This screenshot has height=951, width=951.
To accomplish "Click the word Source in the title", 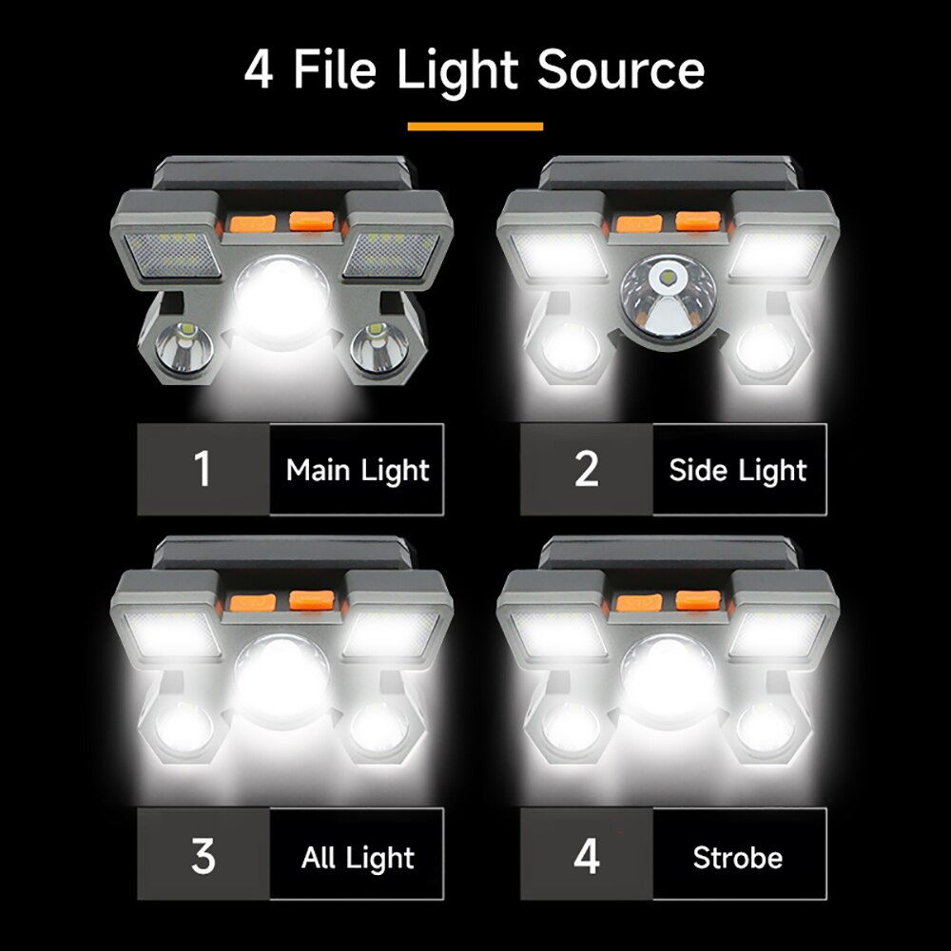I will (x=621, y=69).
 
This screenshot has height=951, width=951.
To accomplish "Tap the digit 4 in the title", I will (x=258, y=69).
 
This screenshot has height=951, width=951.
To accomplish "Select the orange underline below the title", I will (x=475, y=126).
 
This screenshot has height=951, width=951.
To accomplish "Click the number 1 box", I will (x=203, y=470).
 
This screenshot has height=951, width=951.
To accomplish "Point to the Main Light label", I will (x=358, y=470).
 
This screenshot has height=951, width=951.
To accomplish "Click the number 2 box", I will (x=587, y=470).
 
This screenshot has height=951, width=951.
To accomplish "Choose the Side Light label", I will (x=738, y=470).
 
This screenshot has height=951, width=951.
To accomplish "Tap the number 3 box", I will (x=203, y=857).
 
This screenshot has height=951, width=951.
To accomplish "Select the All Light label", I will (x=358, y=857).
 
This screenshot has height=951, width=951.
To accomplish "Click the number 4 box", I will (x=587, y=857).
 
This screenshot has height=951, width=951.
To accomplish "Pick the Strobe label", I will (x=738, y=857).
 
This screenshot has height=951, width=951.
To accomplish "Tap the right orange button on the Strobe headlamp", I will (x=698, y=601).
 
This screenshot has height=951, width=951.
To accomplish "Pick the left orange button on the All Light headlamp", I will (x=252, y=603).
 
